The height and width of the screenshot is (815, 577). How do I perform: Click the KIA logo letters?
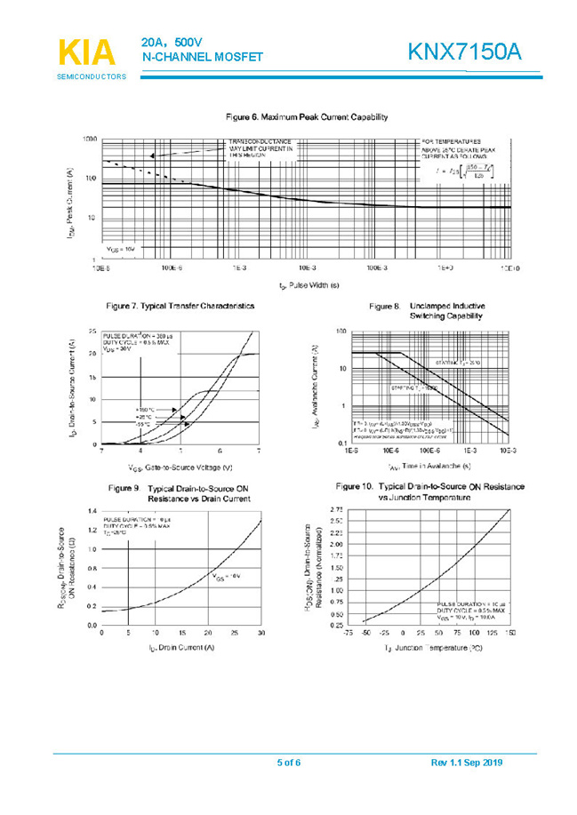point(87,52)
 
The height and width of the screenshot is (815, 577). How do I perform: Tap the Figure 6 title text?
point(306,117)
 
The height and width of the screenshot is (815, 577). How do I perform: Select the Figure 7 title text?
point(180,306)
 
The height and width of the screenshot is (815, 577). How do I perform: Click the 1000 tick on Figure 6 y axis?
point(89,140)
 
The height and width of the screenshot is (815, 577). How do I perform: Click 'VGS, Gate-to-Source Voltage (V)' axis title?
point(180,467)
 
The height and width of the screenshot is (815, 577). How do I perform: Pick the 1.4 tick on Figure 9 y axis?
point(92,511)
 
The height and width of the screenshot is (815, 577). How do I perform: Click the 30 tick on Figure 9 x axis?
point(261,632)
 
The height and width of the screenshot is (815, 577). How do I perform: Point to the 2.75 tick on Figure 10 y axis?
point(337,509)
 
